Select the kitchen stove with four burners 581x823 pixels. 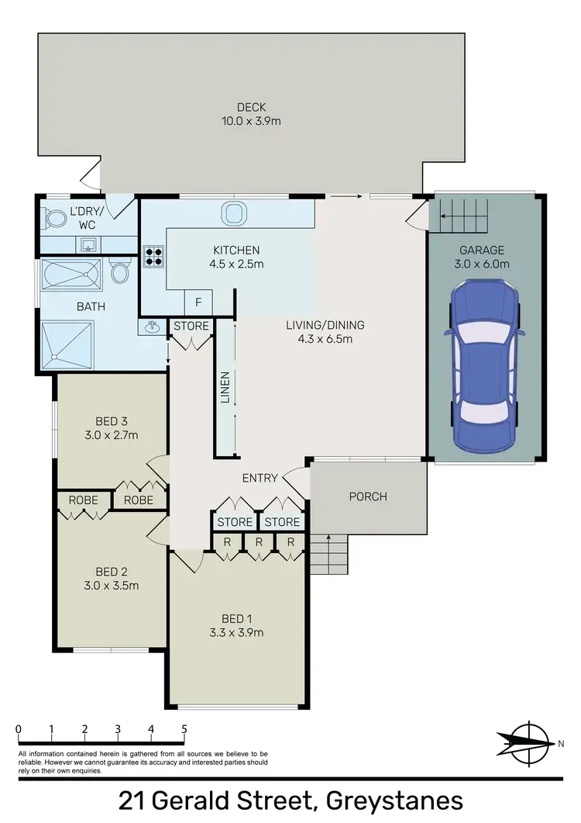152,257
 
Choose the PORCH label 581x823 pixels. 368,496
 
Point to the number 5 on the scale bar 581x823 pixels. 184,729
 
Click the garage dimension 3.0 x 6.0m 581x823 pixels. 482,264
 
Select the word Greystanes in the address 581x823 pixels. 396,800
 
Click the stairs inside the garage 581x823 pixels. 462,213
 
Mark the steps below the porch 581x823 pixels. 328,554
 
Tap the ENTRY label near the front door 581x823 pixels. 260,478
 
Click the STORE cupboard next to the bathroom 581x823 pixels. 191,326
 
